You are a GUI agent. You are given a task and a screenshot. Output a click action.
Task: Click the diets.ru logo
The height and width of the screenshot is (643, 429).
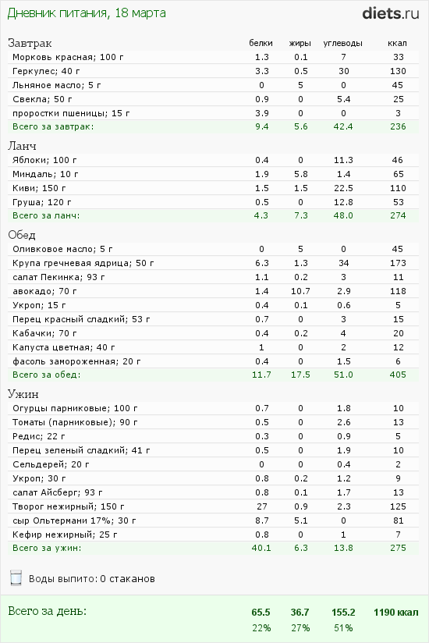point(391,13)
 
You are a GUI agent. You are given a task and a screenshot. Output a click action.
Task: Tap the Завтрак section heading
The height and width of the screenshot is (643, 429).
point(30,43)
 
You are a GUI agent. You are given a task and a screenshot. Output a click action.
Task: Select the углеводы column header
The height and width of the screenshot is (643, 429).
point(343,43)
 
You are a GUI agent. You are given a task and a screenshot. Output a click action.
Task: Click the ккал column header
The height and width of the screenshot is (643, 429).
point(397,43)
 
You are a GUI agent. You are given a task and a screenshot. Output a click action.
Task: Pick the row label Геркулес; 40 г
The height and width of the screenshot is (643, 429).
point(46,71)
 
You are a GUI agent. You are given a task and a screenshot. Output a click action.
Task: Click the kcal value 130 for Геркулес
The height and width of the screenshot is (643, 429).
point(398,71)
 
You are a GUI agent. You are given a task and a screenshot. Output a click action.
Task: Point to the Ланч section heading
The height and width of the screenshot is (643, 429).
point(22,146)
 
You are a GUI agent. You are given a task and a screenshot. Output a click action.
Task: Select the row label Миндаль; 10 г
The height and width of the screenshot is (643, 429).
point(45,174)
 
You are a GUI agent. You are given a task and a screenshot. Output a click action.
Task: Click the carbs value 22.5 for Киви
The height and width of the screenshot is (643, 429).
point(343,188)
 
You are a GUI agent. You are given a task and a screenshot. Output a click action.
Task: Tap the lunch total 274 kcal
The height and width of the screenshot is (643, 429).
point(398,215)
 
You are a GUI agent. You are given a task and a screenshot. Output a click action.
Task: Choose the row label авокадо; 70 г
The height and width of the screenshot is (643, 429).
point(44,291)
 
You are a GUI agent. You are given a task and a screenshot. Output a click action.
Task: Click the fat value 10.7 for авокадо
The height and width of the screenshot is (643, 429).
point(301,291)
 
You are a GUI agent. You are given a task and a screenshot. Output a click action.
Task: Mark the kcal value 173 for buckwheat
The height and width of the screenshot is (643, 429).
point(398,263)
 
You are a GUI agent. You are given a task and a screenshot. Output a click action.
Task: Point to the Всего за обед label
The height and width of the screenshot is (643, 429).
point(47,375)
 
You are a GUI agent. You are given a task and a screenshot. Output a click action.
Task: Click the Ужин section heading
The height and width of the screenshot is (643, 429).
point(23,394)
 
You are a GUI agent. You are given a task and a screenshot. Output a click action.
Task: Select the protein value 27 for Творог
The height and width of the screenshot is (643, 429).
point(262,506)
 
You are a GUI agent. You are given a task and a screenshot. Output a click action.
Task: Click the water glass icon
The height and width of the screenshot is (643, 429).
point(16,577)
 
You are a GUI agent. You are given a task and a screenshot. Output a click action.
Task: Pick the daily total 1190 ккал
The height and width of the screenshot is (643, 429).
point(395,613)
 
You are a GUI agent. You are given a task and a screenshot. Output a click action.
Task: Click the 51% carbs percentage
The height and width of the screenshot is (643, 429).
point(343,628)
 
